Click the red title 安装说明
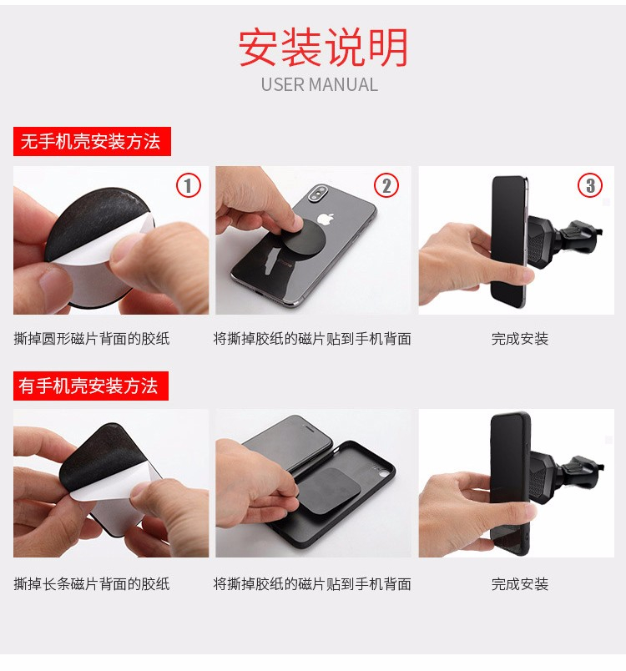(x=323, y=48)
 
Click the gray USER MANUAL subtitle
(x=320, y=85)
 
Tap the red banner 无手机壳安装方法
(x=92, y=141)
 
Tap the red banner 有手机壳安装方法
(x=91, y=386)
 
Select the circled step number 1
(x=189, y=185)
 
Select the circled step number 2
(x=386, y=185)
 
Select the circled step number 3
(x=590, y=185)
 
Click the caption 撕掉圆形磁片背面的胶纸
(x=92, y=339)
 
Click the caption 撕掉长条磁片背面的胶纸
(x=92, y=583)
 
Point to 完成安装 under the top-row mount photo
(x=520, y=339)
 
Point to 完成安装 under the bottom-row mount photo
(x=520, y=583)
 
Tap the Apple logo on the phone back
(x=326, y=219)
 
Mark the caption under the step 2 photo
(x=312, y=339)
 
